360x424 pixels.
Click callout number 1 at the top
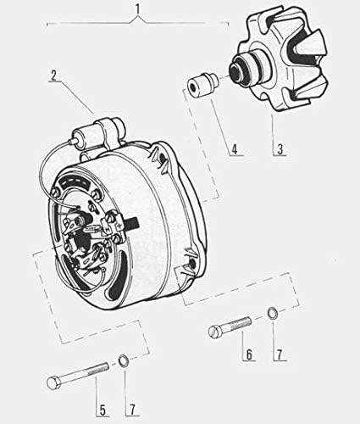(138, 9)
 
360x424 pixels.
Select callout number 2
(53, 75)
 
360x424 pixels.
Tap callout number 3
(280, 148)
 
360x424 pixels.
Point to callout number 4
(235, 149)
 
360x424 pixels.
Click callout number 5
(102, 410)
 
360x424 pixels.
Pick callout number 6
(249, 354)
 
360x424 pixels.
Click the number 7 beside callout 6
(280, 354)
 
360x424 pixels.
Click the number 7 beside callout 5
(132, 410)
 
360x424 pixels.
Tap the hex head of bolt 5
(53, 382)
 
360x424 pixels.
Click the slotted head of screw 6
(214, 331)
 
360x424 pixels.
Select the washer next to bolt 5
(124, 360)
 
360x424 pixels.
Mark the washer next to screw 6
(273, 312)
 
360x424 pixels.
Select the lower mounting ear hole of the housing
(193, 264)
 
